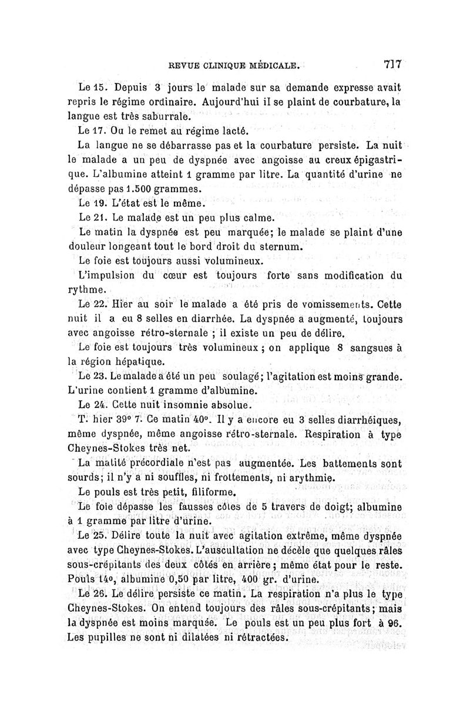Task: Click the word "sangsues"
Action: (373, 348)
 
